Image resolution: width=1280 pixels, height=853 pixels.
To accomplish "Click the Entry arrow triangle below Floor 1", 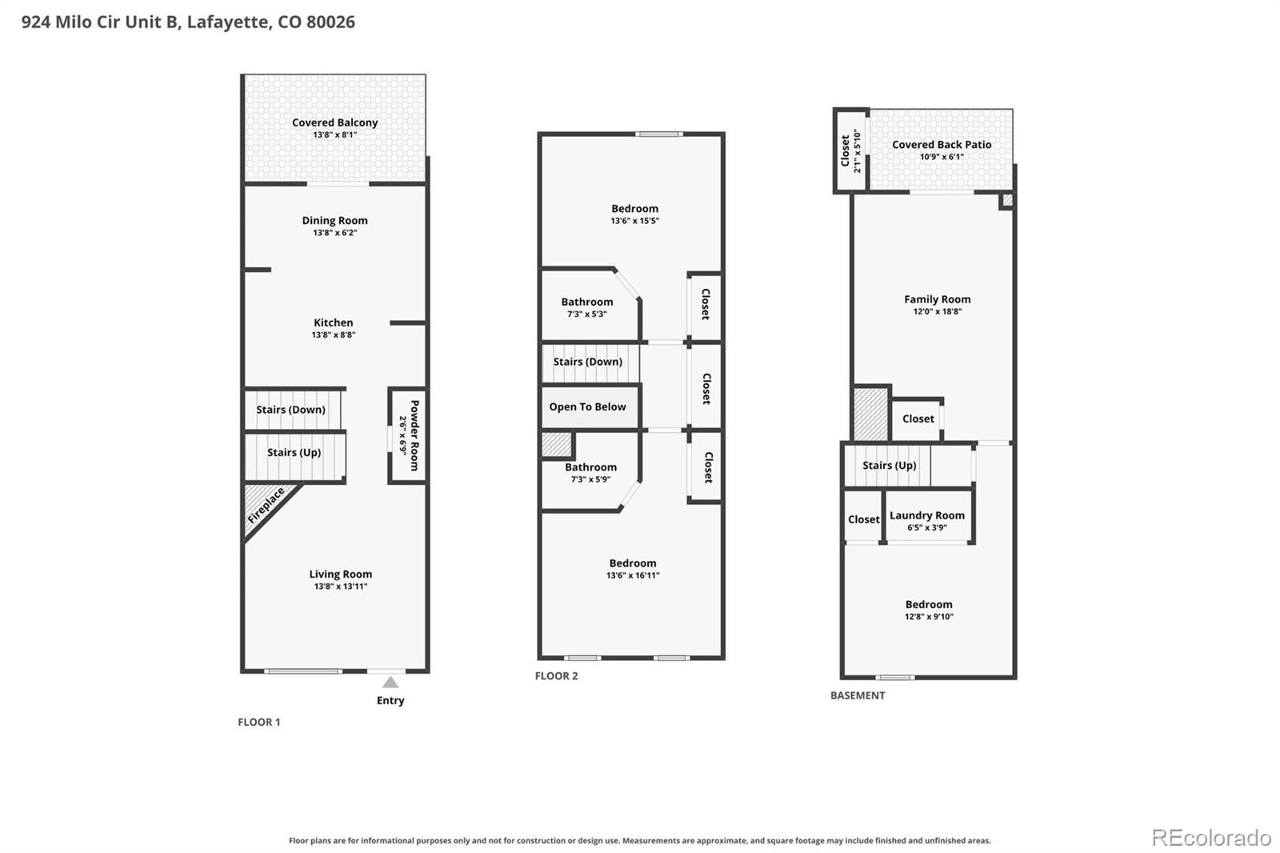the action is (x=390, y=682).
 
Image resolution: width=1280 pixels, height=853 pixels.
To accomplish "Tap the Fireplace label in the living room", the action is (x=266, y=506).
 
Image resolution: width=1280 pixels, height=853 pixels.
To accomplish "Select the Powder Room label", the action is (x=415, y=435).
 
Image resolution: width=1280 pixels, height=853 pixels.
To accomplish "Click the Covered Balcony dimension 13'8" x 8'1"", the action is (x=335, y=135).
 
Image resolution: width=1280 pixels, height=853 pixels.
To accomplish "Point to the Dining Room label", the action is (x=335, y=220).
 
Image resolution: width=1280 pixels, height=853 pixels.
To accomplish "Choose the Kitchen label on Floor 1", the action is (x=333, y=322).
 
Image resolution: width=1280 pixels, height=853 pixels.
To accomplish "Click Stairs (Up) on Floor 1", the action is (x=294, y=452).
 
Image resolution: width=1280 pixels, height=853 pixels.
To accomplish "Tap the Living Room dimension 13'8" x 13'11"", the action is (x=341, y=586).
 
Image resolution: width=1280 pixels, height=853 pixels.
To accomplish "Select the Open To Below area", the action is (x=587, y=406).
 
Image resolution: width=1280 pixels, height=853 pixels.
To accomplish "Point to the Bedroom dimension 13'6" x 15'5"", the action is (x=635, y=221).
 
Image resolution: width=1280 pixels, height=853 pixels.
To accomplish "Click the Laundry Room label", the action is (x=927, y=515).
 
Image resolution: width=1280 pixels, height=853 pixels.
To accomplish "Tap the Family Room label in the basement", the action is (x=937, y=299).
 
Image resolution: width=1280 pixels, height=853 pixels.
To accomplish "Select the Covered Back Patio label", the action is (x=942, y=145).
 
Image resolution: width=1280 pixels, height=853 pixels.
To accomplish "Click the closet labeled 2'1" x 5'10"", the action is (x=850, y=150).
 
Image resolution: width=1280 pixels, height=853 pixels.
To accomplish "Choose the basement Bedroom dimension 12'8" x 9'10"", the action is (x=929, y=616).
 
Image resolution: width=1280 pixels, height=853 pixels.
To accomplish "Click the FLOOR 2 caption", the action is (x=556, y=676).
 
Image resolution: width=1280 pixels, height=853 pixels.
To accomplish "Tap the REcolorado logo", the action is (x=1211, y=838).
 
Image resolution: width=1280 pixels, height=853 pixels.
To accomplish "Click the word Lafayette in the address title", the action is (x=229, y=22).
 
